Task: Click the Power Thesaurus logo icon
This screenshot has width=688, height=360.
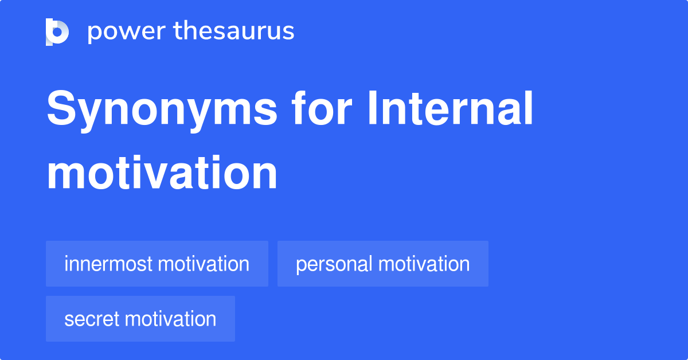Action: pos(57,32)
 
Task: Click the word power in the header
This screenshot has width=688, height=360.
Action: pos(127,32)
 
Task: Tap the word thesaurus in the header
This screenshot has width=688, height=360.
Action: pos(234,30)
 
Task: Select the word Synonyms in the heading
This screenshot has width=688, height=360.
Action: pos(162,111)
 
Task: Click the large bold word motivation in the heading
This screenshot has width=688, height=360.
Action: pos(162,173)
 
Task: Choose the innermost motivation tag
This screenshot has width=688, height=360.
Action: pos(157,264)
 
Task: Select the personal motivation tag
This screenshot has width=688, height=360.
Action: pos(383,264)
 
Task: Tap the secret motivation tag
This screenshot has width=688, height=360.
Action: pos(140,319)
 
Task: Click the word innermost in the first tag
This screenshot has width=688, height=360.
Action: pos(108,264)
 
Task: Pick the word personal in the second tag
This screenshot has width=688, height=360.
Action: pos(334,265)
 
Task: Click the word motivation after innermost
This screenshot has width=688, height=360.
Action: pos(204,264)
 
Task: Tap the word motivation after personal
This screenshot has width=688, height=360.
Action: pos(424,264)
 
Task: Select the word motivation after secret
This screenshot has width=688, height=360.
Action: pos(170,319)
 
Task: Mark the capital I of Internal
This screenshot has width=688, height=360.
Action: pos(372,108)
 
